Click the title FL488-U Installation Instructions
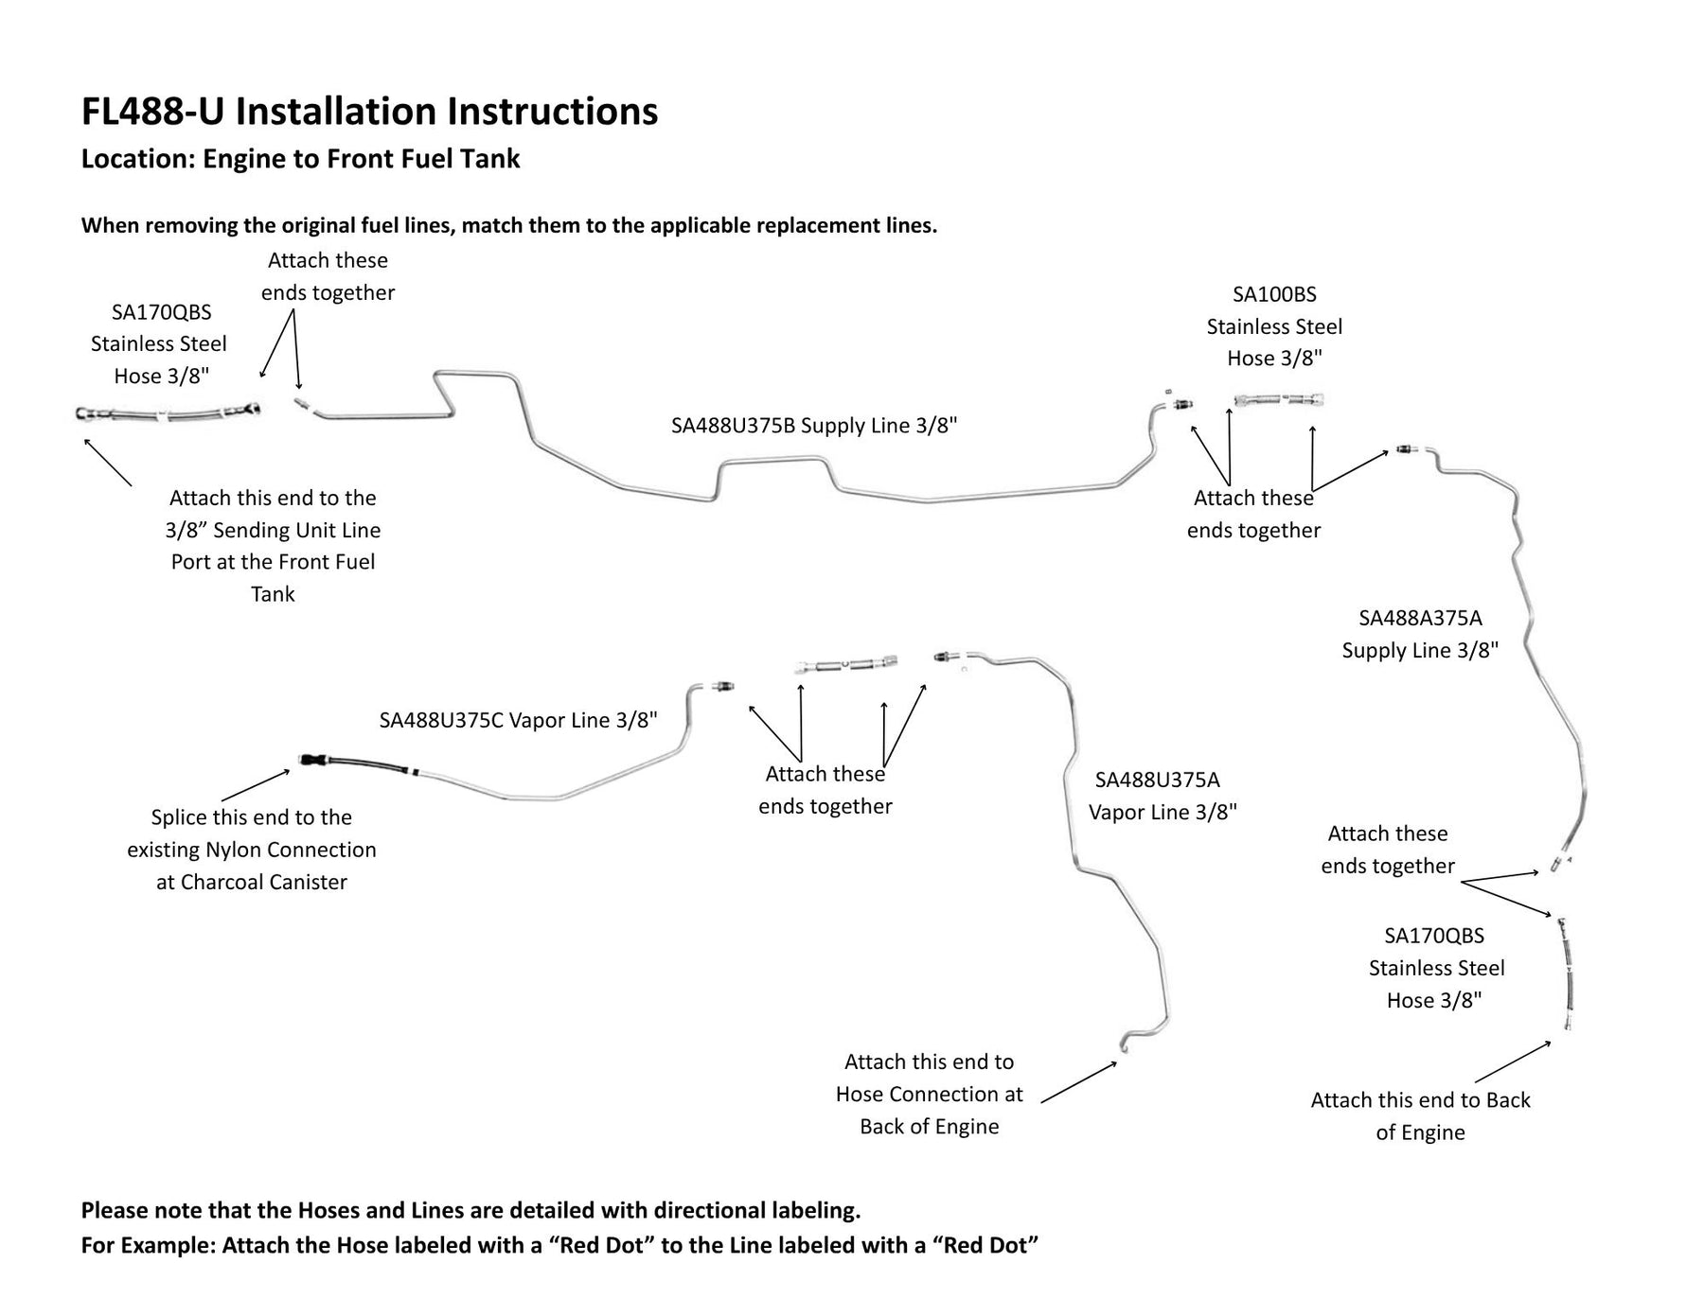pyautogui.click(x=369, y=112)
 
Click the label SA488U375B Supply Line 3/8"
pyautogui.click(x=814, y=426)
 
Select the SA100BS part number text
pyautogui.click(x=1274, y=294)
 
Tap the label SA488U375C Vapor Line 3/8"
pyautogui.click(x=518, y=721)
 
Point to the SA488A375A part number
pyautogui.click(x=1420, y=619)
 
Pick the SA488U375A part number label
pyautogui.click(x=1157, y=781)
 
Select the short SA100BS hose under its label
pyautogui.click(x=1278, y=400)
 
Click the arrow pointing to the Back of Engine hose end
pyautogui.click(x=1513, y=1062)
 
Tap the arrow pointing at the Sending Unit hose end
pyautogui.click(x=108, y=462)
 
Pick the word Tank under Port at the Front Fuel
pyautogui.click(x=273, y=594)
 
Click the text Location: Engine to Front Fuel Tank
pyautogui.click(x=300, y=158)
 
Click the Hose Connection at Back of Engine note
pyautogui.click(x=929, y=1094)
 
